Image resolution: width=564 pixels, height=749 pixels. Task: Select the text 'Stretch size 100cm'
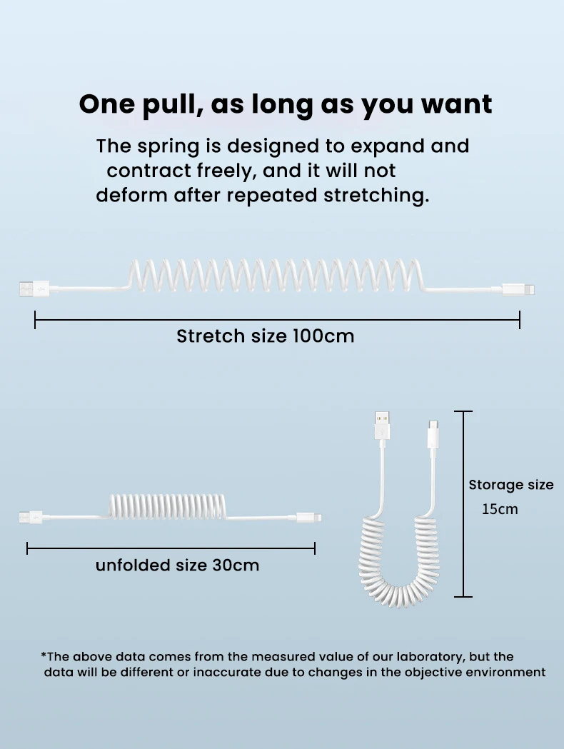265,336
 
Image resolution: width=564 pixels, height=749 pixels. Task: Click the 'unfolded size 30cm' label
177,565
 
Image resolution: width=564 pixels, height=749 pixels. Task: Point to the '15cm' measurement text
500,509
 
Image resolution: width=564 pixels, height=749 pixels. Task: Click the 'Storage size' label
510,485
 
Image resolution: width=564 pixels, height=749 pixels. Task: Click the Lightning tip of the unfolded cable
311,515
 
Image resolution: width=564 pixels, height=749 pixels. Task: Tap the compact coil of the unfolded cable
167,506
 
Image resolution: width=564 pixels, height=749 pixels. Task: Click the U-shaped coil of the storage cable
403,571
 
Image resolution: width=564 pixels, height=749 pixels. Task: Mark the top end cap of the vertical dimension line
463,412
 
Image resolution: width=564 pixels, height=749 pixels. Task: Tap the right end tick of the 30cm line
315,548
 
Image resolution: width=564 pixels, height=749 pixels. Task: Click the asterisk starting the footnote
44,655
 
